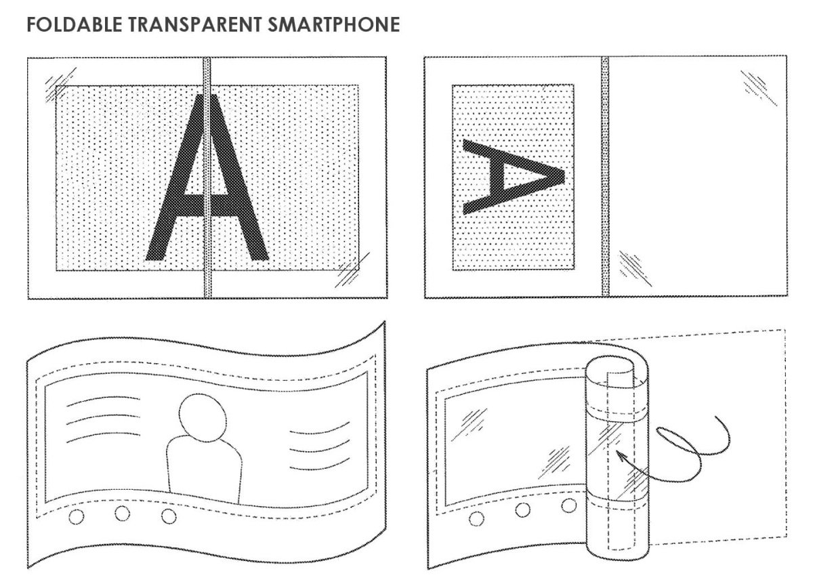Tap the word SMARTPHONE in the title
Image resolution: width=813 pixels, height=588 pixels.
pyautogui.click(x=334, y=24)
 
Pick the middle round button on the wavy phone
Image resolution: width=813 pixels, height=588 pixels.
pyautogui.click(x=123, y=513)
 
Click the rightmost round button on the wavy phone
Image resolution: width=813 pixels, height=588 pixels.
pyautogui.click(x=169, y=516)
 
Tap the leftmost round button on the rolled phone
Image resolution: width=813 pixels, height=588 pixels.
pyautogui.click(x=476, y=519)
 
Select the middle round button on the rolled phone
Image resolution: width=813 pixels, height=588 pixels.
pyautogui.click(x=522, y=509)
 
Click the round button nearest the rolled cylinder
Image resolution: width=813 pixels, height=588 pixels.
pyautogui.click(x=568, y=505)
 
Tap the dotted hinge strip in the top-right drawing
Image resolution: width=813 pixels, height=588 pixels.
pyautogui.click(x=605, y=176)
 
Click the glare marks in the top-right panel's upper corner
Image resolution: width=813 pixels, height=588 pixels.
pyautogui.click(x=759, y=88)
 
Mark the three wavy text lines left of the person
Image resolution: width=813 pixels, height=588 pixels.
pyautogui.click(x=104, y=419)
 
